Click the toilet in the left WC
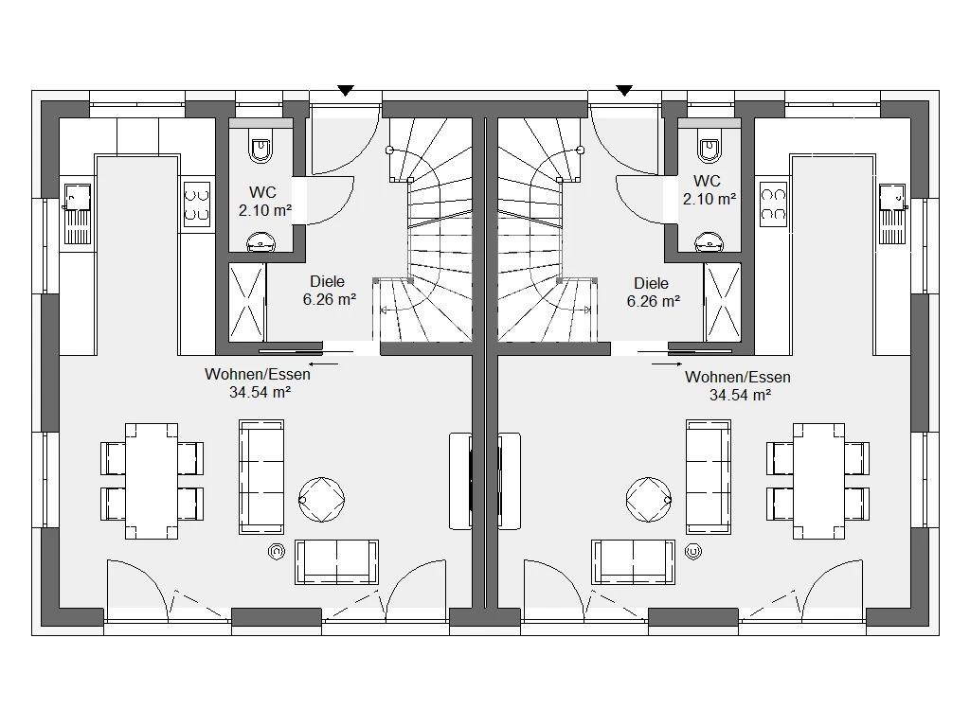261,147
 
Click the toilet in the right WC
710,147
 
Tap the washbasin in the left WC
261,241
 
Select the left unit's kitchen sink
78,213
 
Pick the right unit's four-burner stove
773,204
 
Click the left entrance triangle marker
345,91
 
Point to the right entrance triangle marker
624,91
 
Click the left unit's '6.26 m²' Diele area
329,300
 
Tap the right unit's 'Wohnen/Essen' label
737,377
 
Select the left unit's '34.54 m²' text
260,392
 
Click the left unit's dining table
152,481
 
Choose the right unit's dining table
818,481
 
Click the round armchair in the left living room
322,500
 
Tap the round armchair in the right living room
649,500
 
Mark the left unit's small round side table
277,552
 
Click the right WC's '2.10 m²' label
709,199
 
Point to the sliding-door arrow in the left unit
324,363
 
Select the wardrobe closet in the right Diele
723,302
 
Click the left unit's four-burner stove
197,204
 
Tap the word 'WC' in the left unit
262,192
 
